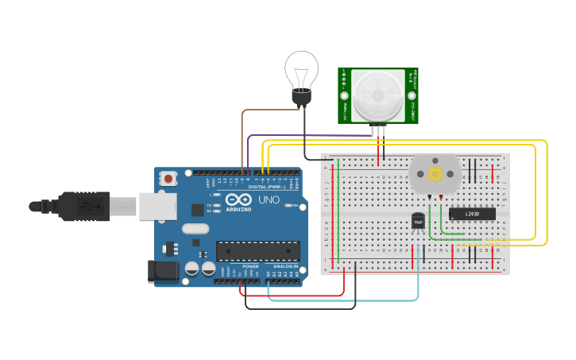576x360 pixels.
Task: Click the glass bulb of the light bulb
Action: coord(301,69)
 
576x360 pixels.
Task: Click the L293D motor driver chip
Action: coord(472,214)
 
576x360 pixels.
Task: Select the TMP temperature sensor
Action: coord(418,221)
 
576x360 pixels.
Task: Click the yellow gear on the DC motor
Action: coord(435,173)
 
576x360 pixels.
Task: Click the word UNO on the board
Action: coord(269,199)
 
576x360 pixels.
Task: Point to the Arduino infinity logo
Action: coord(238,199)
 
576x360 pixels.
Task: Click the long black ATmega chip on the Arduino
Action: coord(257,251)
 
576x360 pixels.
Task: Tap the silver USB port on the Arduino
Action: coord(157,206)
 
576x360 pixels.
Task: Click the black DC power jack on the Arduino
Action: coord(164,270)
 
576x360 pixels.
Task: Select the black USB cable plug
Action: coord(83,207)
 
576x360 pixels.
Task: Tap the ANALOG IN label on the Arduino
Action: coord(285,266)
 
